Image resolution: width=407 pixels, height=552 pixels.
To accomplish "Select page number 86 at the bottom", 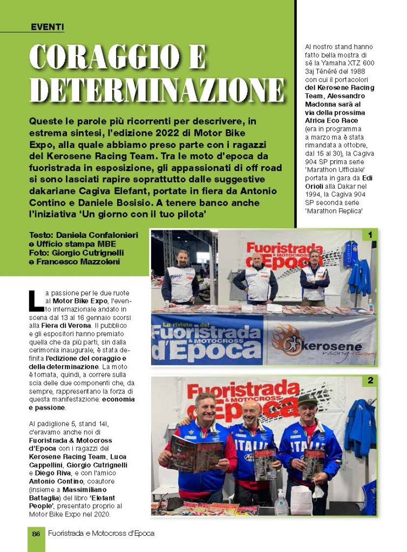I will (x=36, y=533).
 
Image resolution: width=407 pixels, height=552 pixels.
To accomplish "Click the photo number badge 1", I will (x=370, y=235).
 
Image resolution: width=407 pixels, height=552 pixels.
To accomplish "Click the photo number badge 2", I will (x=370, y=381).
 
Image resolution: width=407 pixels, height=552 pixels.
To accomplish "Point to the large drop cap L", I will (x=36, y=300).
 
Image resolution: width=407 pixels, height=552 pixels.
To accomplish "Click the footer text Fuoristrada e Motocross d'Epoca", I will (x=101, y=533).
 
